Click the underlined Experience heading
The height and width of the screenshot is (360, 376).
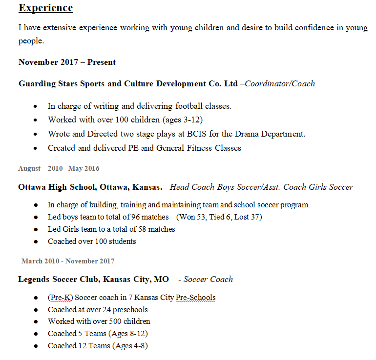click(45, 8)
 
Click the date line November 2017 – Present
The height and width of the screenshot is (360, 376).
click(67, 62)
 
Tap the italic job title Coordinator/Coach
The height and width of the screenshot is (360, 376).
click(280, 83)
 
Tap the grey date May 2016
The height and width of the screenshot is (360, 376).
click(84, 168)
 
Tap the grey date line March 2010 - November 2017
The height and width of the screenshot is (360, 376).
click(68, 261)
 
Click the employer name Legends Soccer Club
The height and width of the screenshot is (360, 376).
click(58, 279)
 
